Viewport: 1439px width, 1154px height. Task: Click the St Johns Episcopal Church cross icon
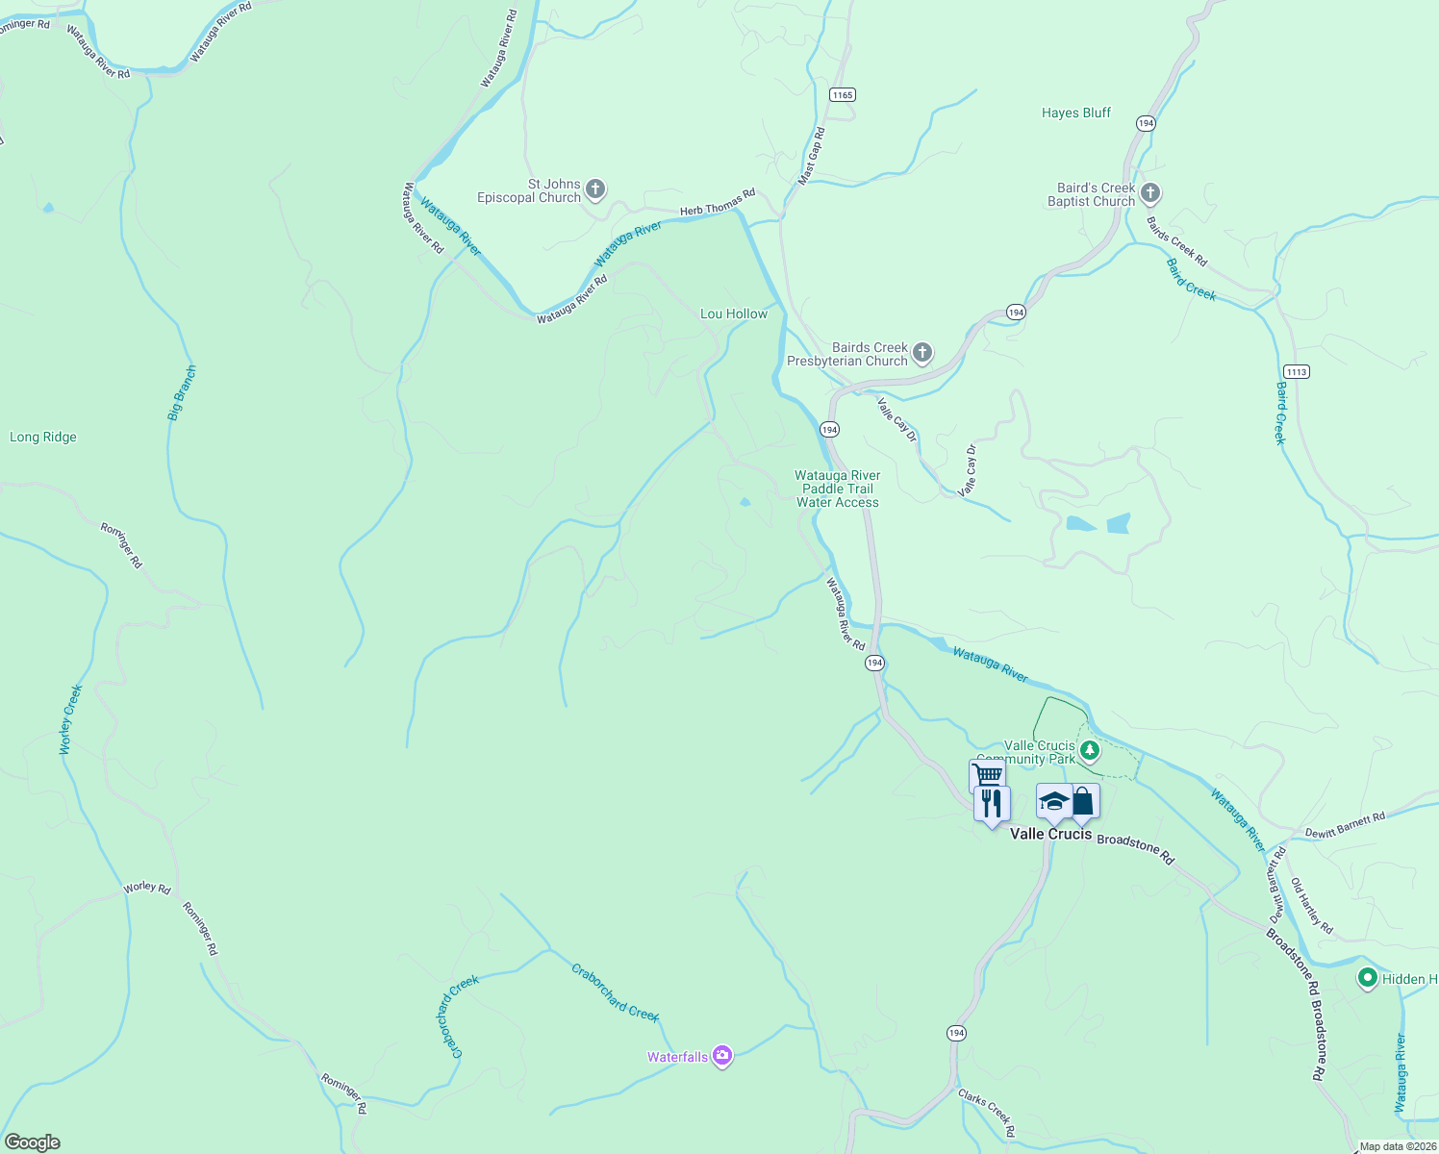595,189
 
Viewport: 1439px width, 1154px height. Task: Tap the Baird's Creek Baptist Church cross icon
1149,193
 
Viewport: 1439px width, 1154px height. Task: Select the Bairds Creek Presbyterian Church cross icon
921,353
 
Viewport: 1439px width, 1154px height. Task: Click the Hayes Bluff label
1075,113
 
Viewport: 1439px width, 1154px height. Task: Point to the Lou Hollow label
734,314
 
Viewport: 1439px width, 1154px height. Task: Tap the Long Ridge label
43,437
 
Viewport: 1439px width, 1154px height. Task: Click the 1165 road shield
843,94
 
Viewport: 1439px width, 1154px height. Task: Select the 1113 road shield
1296,371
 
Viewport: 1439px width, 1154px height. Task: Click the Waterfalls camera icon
722,1056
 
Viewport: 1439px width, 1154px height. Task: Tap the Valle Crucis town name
1050,834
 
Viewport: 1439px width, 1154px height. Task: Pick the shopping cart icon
987,773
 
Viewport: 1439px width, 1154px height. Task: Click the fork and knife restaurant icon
992,803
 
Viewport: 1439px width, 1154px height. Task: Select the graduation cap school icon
1054,801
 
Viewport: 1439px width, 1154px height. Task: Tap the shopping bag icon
1083,801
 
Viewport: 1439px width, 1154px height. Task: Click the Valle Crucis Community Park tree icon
1089,751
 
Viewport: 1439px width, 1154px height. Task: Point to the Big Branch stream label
182,392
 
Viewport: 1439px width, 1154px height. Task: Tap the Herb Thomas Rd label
718,202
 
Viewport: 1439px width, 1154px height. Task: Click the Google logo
32,1142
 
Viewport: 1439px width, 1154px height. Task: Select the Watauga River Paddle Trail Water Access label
837,489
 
